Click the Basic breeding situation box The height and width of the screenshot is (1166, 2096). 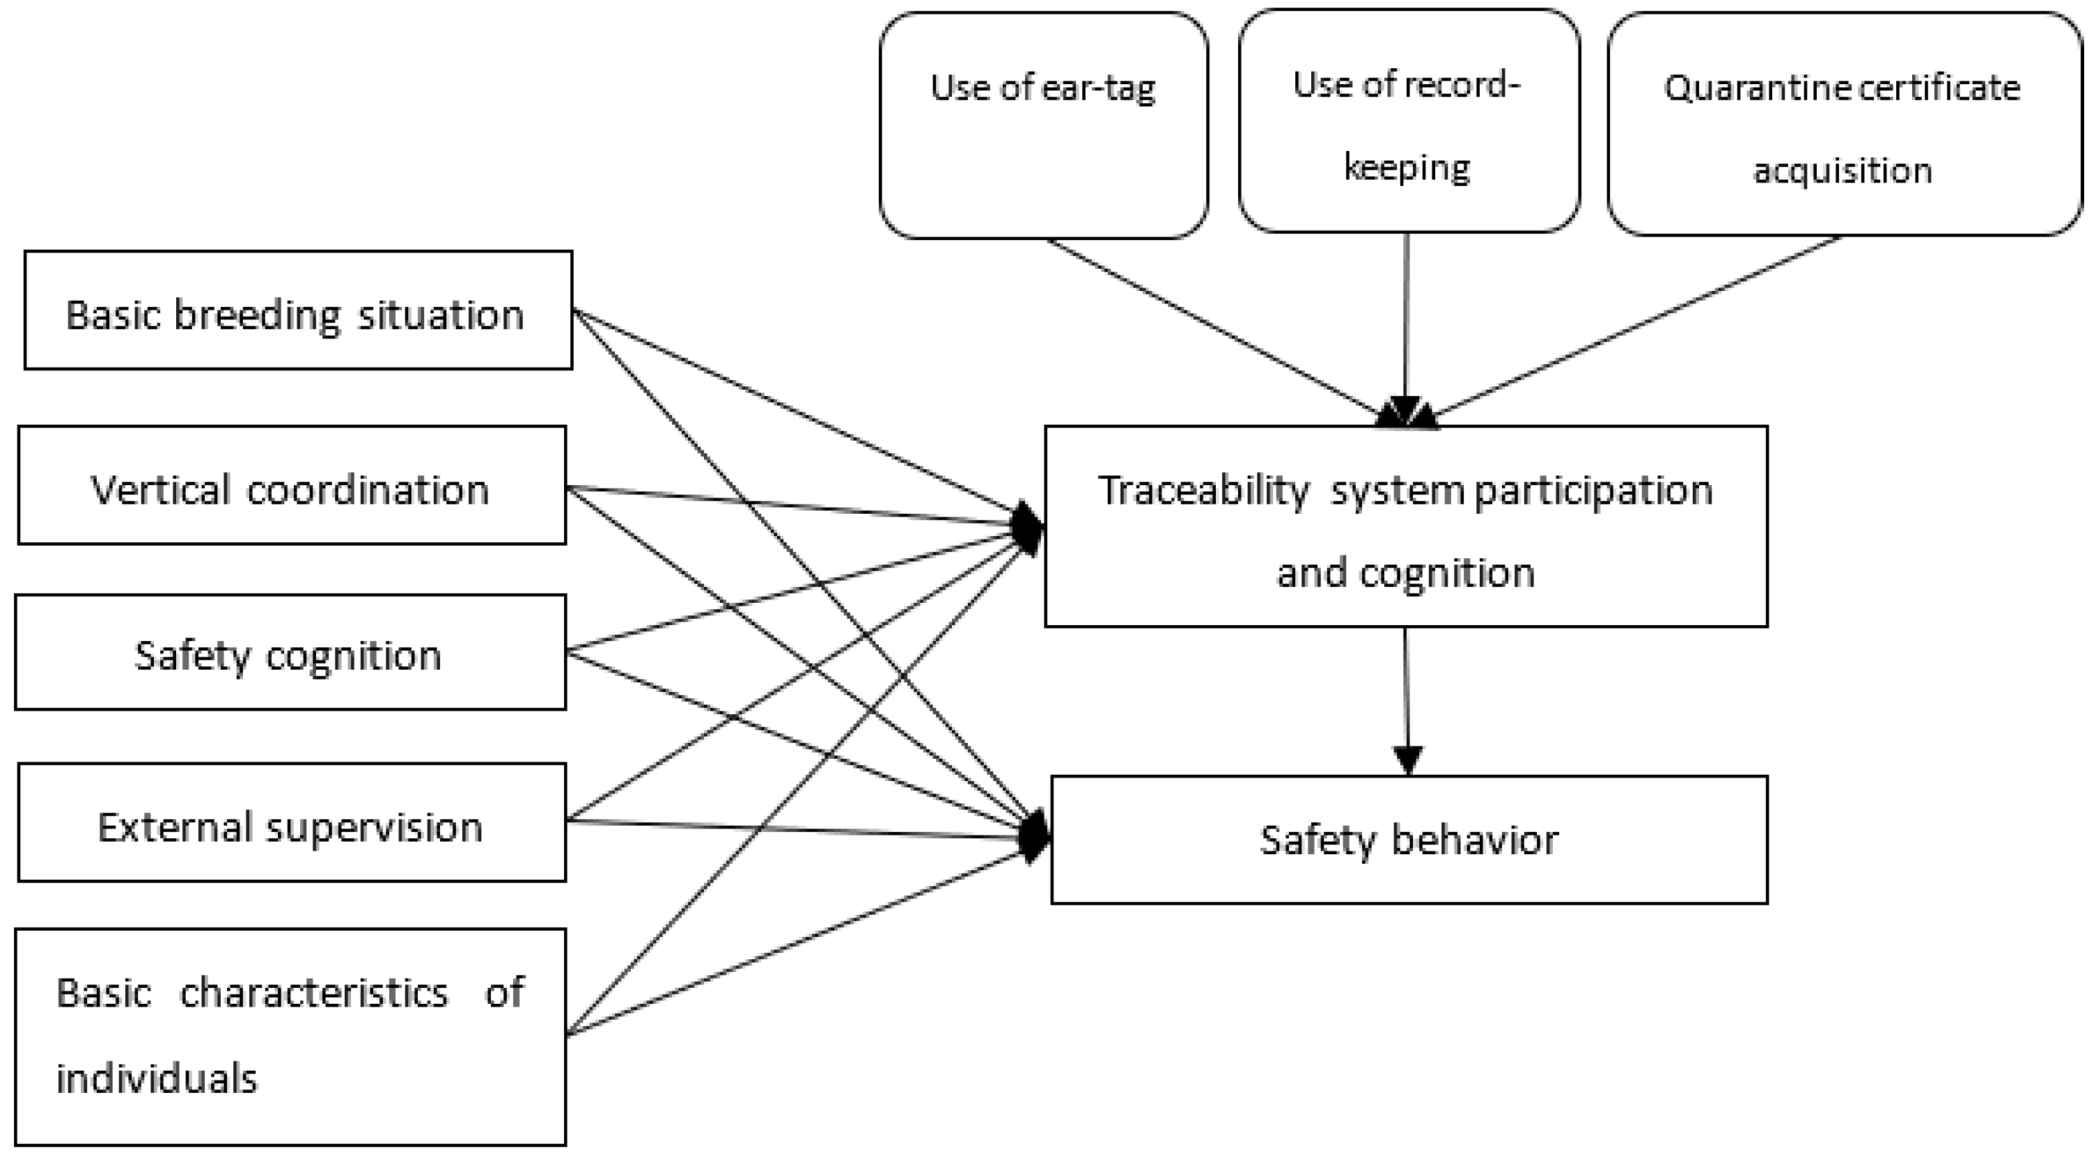298,310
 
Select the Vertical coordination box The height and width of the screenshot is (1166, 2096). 291,486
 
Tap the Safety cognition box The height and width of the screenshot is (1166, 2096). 290,652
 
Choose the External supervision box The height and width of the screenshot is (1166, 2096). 291,823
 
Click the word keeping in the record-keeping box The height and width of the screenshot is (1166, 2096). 1406,168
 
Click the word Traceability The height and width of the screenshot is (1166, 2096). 1203,491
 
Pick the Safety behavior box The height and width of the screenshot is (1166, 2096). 1409,840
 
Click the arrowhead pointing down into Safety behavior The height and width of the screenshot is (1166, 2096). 1407,760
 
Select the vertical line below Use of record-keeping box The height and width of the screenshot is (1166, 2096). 1406,317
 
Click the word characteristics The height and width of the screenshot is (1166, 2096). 314,993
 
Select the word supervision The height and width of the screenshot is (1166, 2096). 375,828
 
